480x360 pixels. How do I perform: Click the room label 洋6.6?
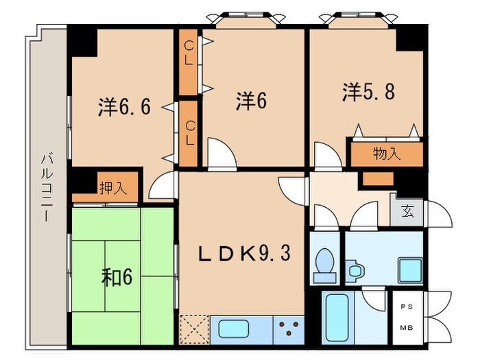(x=125, y=107)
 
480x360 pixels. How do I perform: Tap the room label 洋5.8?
(x=369, y=92)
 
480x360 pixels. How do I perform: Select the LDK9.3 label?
(x=245, y=254)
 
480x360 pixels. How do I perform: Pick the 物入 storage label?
(x=387, y=154)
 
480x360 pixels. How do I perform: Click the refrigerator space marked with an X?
(x=194, y=328)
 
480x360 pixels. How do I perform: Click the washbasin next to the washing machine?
(x=355, y=270)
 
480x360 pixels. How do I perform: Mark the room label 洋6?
(x=251, y=101)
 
